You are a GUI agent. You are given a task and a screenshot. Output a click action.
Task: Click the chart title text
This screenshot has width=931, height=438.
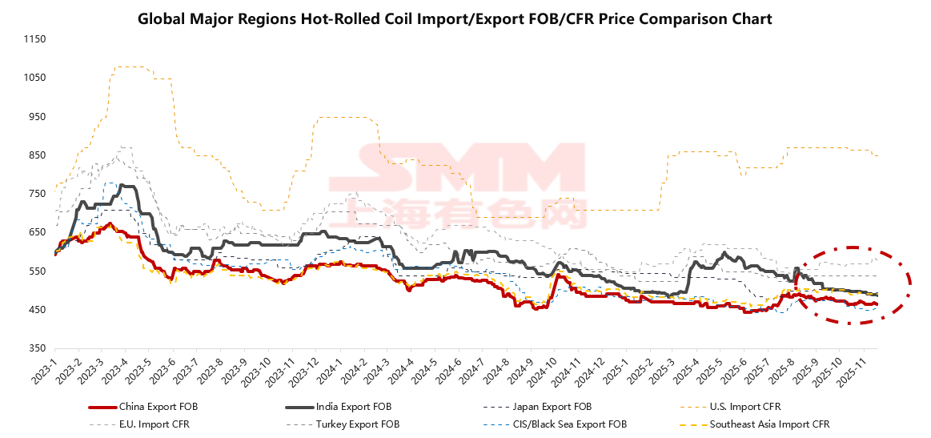(455, 18)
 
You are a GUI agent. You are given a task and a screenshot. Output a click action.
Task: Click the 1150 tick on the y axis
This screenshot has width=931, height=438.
(34, 39)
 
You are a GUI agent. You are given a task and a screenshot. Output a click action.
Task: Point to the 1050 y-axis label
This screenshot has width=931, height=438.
(34, 78)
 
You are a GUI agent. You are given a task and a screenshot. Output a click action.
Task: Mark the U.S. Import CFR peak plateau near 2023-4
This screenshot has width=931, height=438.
(129, 66)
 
